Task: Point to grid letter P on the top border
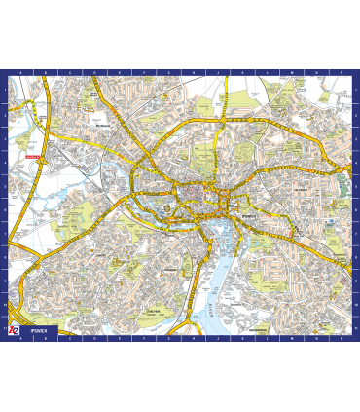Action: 342,73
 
